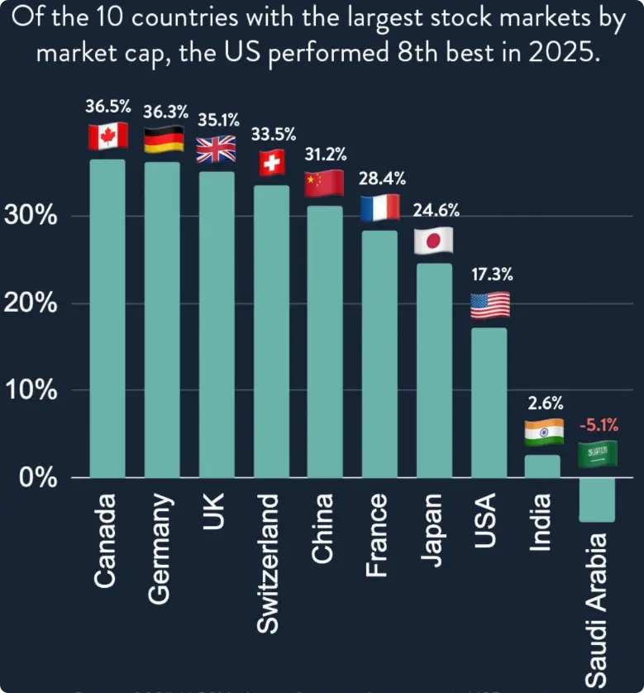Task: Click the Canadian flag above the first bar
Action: (107, 136)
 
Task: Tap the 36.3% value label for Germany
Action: (165, 111)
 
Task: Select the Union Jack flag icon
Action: (216, 149)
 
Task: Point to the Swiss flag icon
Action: (270, 163)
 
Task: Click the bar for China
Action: (324, 341)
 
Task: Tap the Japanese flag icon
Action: (433, 241)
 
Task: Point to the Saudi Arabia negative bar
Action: (597, 499)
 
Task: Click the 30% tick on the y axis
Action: (31, 217)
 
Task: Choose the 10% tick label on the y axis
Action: (31, 390)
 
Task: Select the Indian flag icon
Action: (544, 433)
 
